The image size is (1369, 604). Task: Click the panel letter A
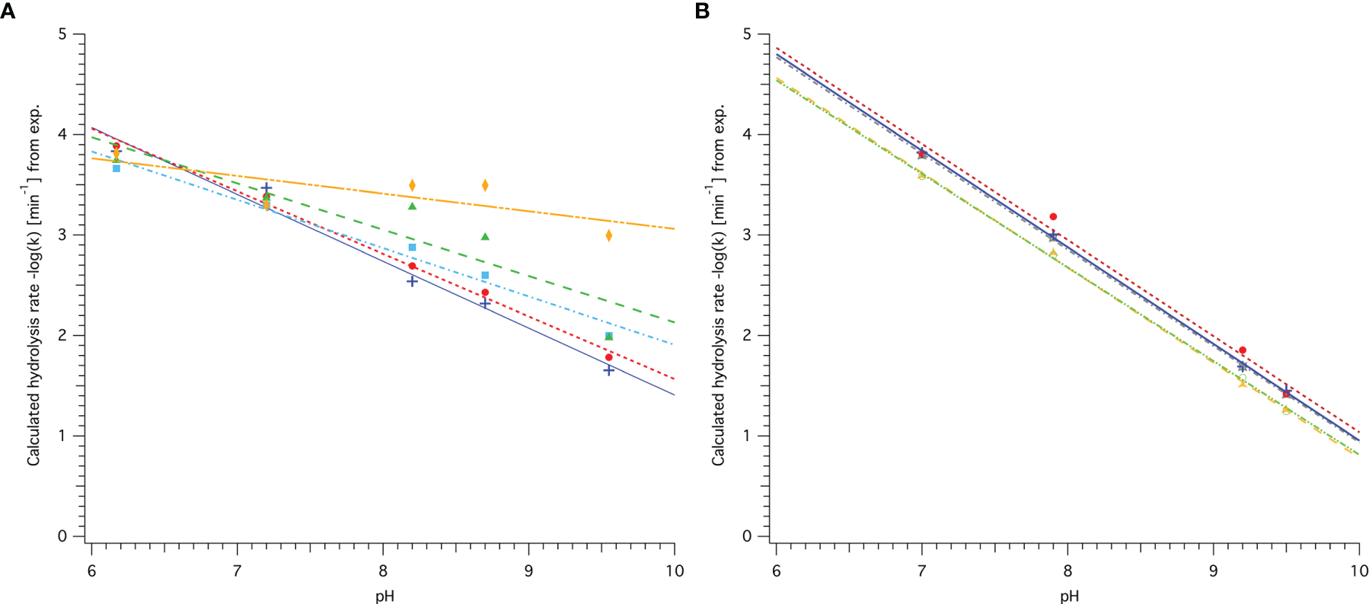tap(8, 11)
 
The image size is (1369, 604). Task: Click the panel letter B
tap(702, 11)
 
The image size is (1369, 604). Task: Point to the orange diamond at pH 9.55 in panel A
tap(608, 235)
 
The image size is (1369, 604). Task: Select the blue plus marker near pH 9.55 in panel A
tap(608, 370)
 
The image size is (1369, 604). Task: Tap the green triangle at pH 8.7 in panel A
tap(485, 237)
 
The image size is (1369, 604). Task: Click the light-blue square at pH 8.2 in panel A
tap(412, 248)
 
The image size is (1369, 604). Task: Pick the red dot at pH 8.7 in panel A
tap(485, 292)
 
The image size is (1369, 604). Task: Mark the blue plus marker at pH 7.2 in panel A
tap(266, 188)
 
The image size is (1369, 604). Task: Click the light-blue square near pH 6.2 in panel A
tap(116, 168)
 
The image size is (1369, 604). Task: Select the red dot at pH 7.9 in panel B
tap(1053, 217)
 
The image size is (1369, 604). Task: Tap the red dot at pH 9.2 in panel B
tap(1243, 350)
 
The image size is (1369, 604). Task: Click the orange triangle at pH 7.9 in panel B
tap(1053, 253)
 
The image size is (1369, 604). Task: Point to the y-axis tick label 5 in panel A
tap(62, 34)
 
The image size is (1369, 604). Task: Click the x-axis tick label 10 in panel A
tap(675, 571)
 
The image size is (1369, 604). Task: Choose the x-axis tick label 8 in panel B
tap(1067, 571)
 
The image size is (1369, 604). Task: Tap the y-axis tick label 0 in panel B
tap(747, 536)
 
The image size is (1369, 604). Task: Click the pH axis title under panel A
tap(385, 596)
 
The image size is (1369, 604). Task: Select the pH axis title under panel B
tap(1069, 596)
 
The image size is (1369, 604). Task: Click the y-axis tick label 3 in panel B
tap(747, 235)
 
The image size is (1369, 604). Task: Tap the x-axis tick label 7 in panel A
tap(237, 571)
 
